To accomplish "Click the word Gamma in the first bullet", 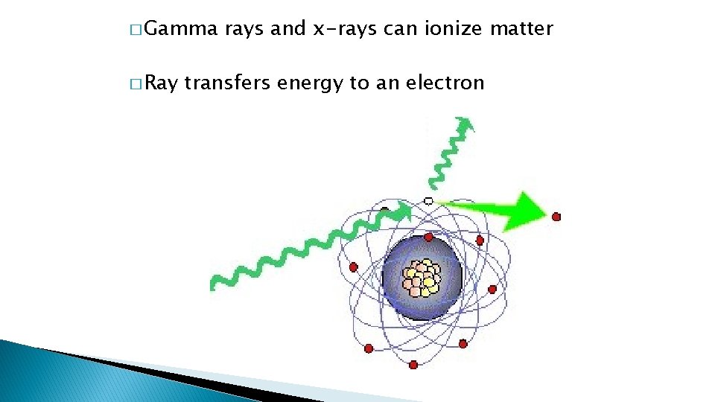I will pyautogui.click(x=180, y=30).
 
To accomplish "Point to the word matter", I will pyautogui.click(x=526, y=30).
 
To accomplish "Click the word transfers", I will pyautogui.click(x=226, y=83).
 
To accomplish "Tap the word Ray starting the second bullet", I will pyautogui.click(x=162, y=83).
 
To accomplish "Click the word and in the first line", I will pyautogui.click(x=287, y=30).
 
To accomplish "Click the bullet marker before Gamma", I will pyautogui.click(x=134, y=31).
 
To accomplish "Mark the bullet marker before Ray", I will pyautogui.click(x=134, y=84).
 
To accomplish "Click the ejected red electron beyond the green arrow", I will pyautogui.click(x=556, y=217).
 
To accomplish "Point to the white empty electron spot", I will pyautogui.click(x=428, y=201).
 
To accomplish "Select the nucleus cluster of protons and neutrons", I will pyautogui.click(x=422, y=277).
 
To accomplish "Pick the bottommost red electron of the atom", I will pyautogui.click(x=413, y=365).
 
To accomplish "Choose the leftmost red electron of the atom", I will pyautogui.click(x=353, y=267).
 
